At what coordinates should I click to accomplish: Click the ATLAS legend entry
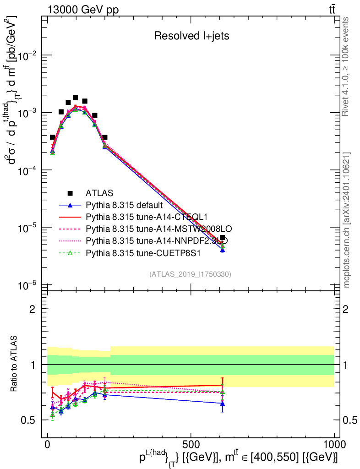coord(99,193)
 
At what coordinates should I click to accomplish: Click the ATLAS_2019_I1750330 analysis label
coord(190,274)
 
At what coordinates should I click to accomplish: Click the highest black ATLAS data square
coord(75,98)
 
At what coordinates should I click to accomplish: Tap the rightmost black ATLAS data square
coord(223,238)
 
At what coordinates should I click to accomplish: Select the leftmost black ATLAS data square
coord(52,137)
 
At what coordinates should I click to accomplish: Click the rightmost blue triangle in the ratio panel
coord(223,403)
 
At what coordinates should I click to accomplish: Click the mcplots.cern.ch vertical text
coord(346,220)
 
